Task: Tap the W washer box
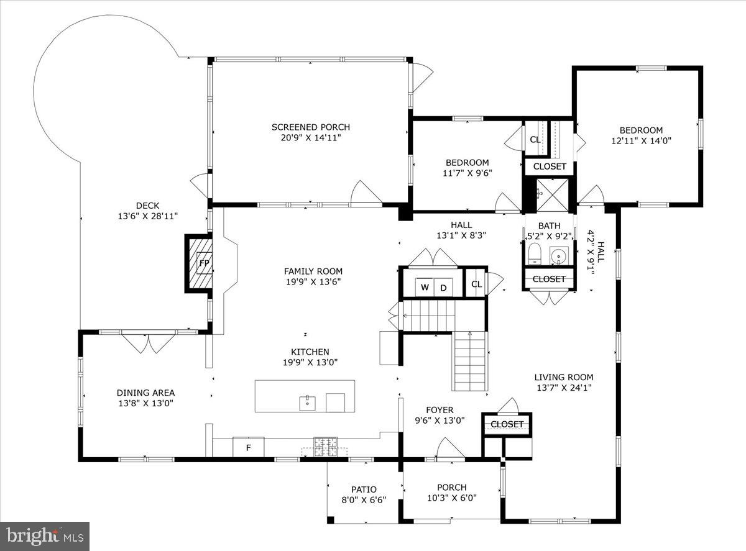[425, 287]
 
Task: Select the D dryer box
[443, 287]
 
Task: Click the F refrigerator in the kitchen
[248, 447]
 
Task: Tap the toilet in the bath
[535, 253]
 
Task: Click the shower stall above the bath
[552, 193]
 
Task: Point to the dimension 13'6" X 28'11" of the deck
[148, 216]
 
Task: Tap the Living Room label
[564, 377]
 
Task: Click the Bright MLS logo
[45, 535]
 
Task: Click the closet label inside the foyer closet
[507, 424]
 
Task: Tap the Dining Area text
[145, 393]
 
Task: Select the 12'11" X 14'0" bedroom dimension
[640, 141]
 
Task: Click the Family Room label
[313, 271]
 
